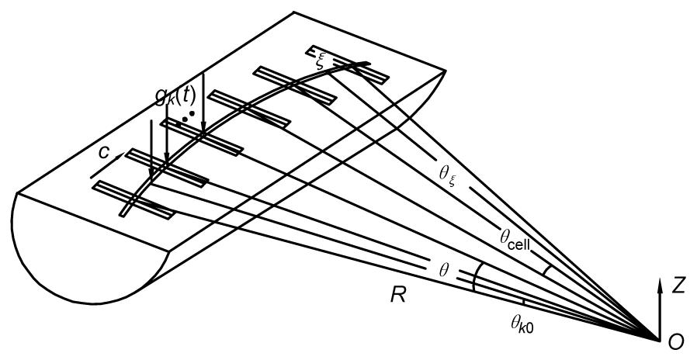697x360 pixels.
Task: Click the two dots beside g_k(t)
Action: click(x=188, y=116)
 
